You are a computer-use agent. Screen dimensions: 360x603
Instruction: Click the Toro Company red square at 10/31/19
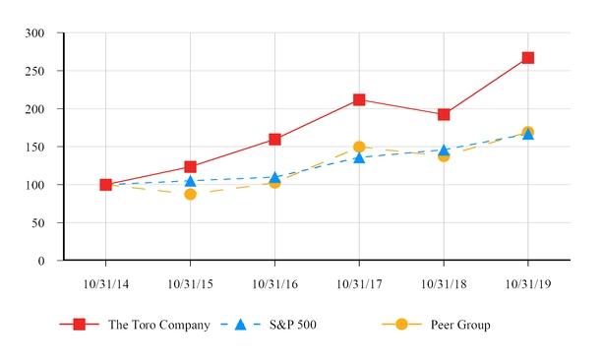pos(528,57)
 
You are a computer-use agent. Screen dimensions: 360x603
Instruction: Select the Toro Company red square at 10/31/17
pos(359,99)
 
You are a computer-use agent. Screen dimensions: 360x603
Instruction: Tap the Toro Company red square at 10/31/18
pos(444,114)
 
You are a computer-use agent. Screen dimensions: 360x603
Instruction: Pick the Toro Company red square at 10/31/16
pos(274,140)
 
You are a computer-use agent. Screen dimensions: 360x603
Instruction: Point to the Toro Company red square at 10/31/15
pos(190,167)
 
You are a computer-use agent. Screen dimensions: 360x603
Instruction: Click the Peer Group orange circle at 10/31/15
pos(190,194)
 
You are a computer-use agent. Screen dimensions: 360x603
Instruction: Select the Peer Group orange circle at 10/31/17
pos(359,147)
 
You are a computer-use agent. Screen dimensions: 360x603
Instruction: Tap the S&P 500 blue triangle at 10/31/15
pos(190,180)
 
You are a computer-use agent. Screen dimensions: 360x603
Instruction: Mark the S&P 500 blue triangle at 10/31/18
pos(444,150)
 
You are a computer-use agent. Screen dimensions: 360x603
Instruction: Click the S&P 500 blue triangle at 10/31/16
pos(274,177)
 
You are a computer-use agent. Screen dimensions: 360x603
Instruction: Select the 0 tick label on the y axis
pos(41,262)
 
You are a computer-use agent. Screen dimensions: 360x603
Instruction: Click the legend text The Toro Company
pos(158,325)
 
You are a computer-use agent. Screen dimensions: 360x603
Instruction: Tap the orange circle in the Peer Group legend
pos(402,325)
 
